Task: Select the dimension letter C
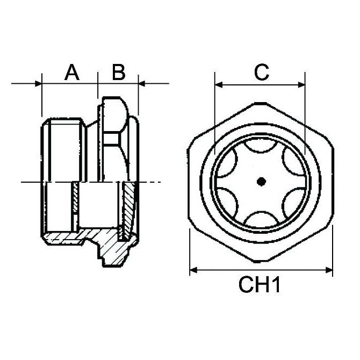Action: coord(261,72)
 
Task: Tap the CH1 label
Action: coord(260,284)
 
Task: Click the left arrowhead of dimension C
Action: coord(218,84)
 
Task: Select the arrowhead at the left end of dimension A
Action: coord(38,83)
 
